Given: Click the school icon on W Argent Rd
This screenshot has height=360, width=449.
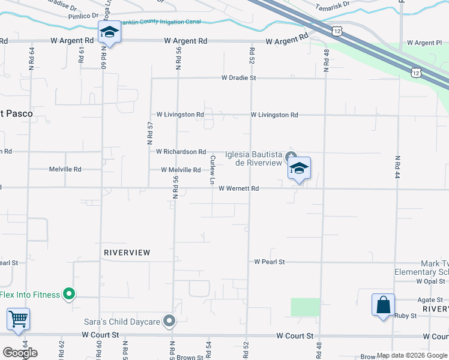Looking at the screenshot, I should (109, 32).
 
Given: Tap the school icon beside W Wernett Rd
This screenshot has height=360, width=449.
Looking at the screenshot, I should (298, 169).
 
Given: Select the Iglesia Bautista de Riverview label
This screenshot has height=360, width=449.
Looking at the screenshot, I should (253, 158).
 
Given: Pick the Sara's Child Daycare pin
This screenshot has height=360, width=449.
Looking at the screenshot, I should (169, 322).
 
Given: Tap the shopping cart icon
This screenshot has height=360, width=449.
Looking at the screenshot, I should (19, 320).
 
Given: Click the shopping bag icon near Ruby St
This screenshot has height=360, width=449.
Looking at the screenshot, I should (383, 305).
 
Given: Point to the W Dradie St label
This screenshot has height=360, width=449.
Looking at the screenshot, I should (238, 78).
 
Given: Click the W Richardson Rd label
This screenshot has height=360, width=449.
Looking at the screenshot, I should (181, 152).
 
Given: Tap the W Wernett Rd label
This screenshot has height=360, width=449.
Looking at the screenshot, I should (238, 188).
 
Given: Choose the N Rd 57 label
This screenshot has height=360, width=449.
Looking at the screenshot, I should (151, 133).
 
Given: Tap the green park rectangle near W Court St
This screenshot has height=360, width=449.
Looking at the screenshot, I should (306, 307).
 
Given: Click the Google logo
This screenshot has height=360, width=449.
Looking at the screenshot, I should (20, 353).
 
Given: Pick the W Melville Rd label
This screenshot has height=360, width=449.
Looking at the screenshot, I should (181, 170).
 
